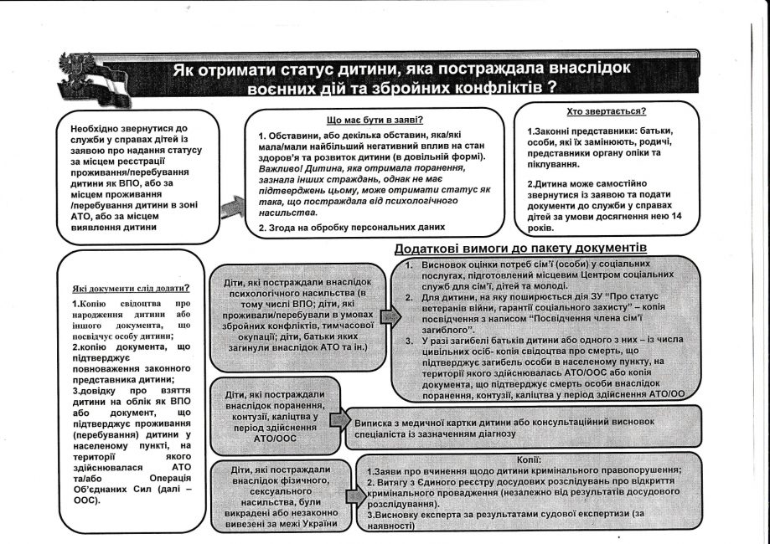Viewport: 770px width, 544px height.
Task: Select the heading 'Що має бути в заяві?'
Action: pyautogui.click(x=373, y=120)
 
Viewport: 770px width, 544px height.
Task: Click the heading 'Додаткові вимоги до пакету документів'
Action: pyautogui.click(x=520, y=249)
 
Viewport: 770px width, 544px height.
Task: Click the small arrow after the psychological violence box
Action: pyautogui.click(x=388, y=317)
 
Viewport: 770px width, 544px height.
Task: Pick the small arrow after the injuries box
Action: pyautogui.click(x=340, y=419)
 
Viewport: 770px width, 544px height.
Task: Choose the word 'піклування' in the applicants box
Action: pyautogui.click(x=556, y=166)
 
